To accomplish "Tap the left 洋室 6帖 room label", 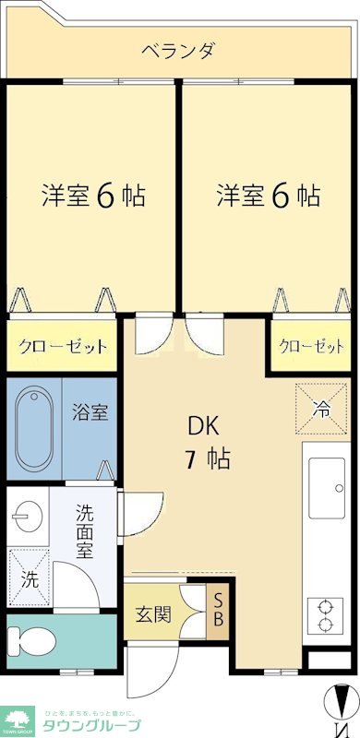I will pos(92,196).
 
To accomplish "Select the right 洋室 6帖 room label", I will pos(269,196).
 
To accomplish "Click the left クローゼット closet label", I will pos(63,348).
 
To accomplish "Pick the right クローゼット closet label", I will pos(311,347).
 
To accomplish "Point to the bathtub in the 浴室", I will pos(37,429).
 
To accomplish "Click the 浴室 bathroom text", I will pos(90,411).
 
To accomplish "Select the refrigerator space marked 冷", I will pos(321,405).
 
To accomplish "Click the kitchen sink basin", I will pos(326,488).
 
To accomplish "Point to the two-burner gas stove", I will pos(326,614).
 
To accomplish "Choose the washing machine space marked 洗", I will pos(29,577).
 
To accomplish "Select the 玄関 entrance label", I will pos(153,613).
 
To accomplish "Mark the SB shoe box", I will pos(218,611).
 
